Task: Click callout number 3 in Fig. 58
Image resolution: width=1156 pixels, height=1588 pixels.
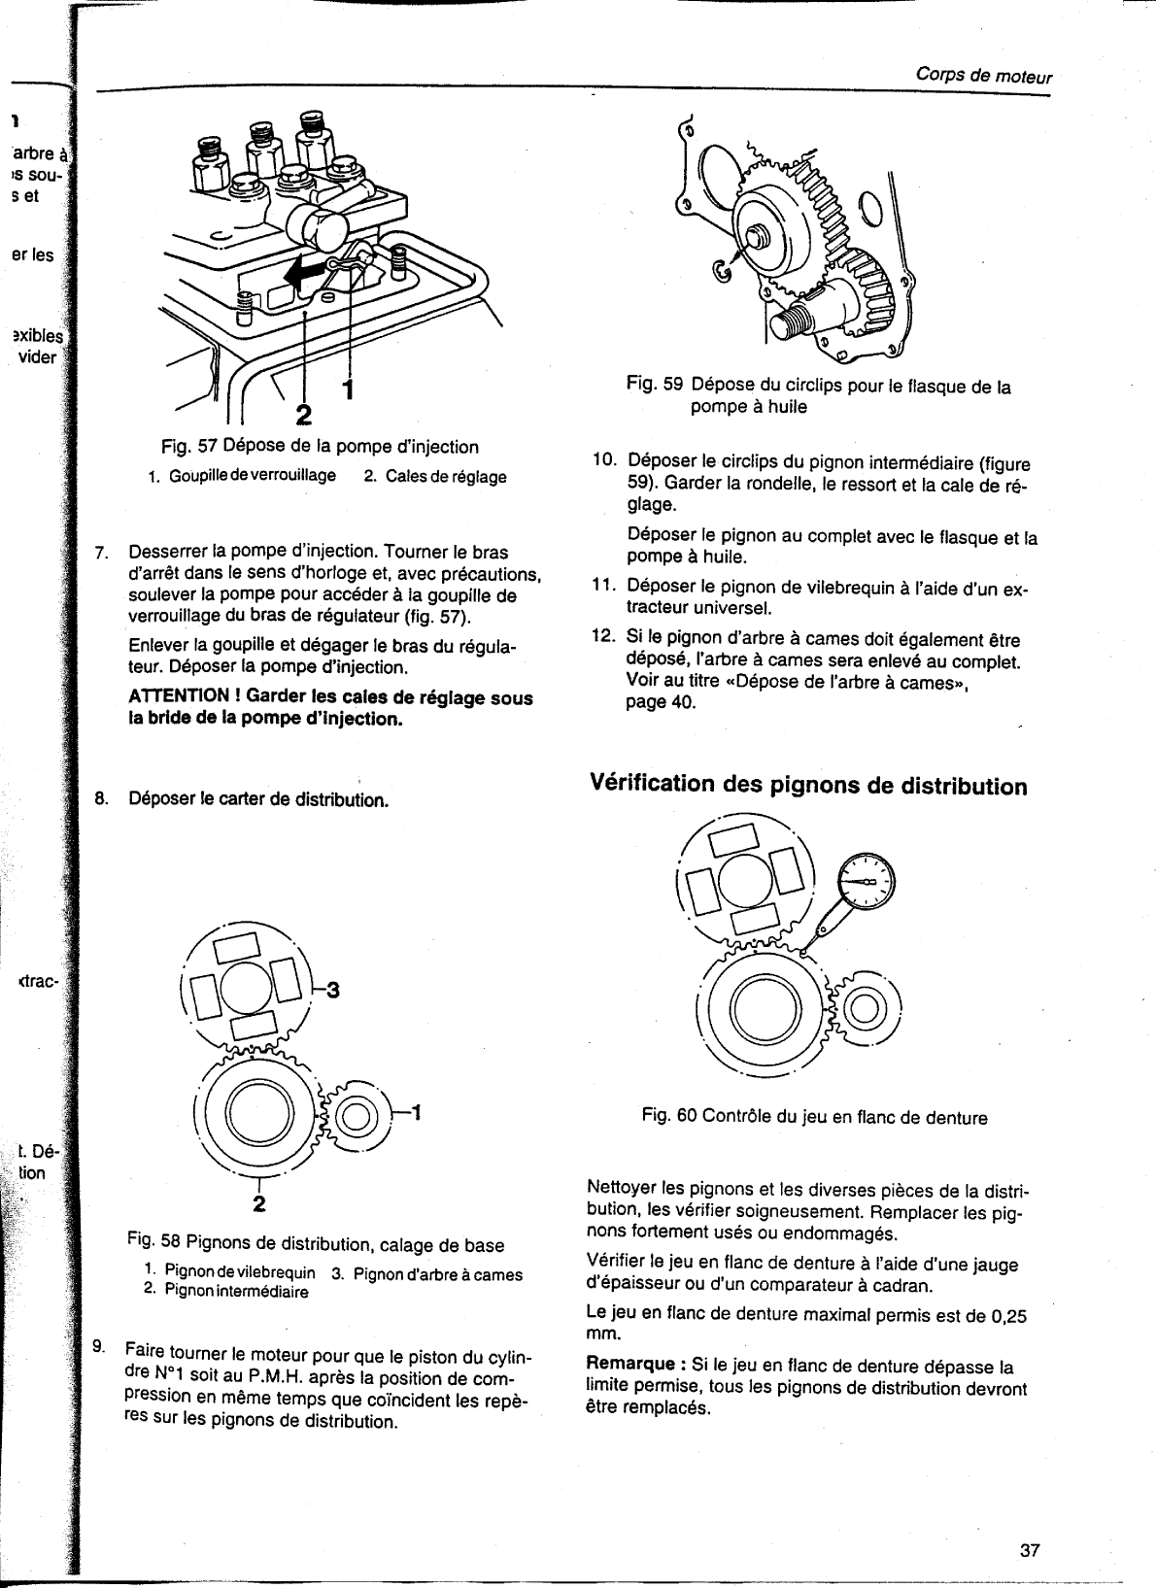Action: (331, 991)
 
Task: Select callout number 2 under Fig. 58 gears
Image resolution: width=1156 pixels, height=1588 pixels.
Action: (259, 1205)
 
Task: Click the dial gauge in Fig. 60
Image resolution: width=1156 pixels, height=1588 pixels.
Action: (866, 882)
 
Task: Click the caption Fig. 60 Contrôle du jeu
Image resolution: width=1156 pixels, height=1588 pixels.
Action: (814, 1118)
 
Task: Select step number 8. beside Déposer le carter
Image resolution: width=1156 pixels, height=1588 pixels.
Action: (101, 800)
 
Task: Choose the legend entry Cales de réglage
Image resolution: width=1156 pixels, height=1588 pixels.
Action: (434, 477)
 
